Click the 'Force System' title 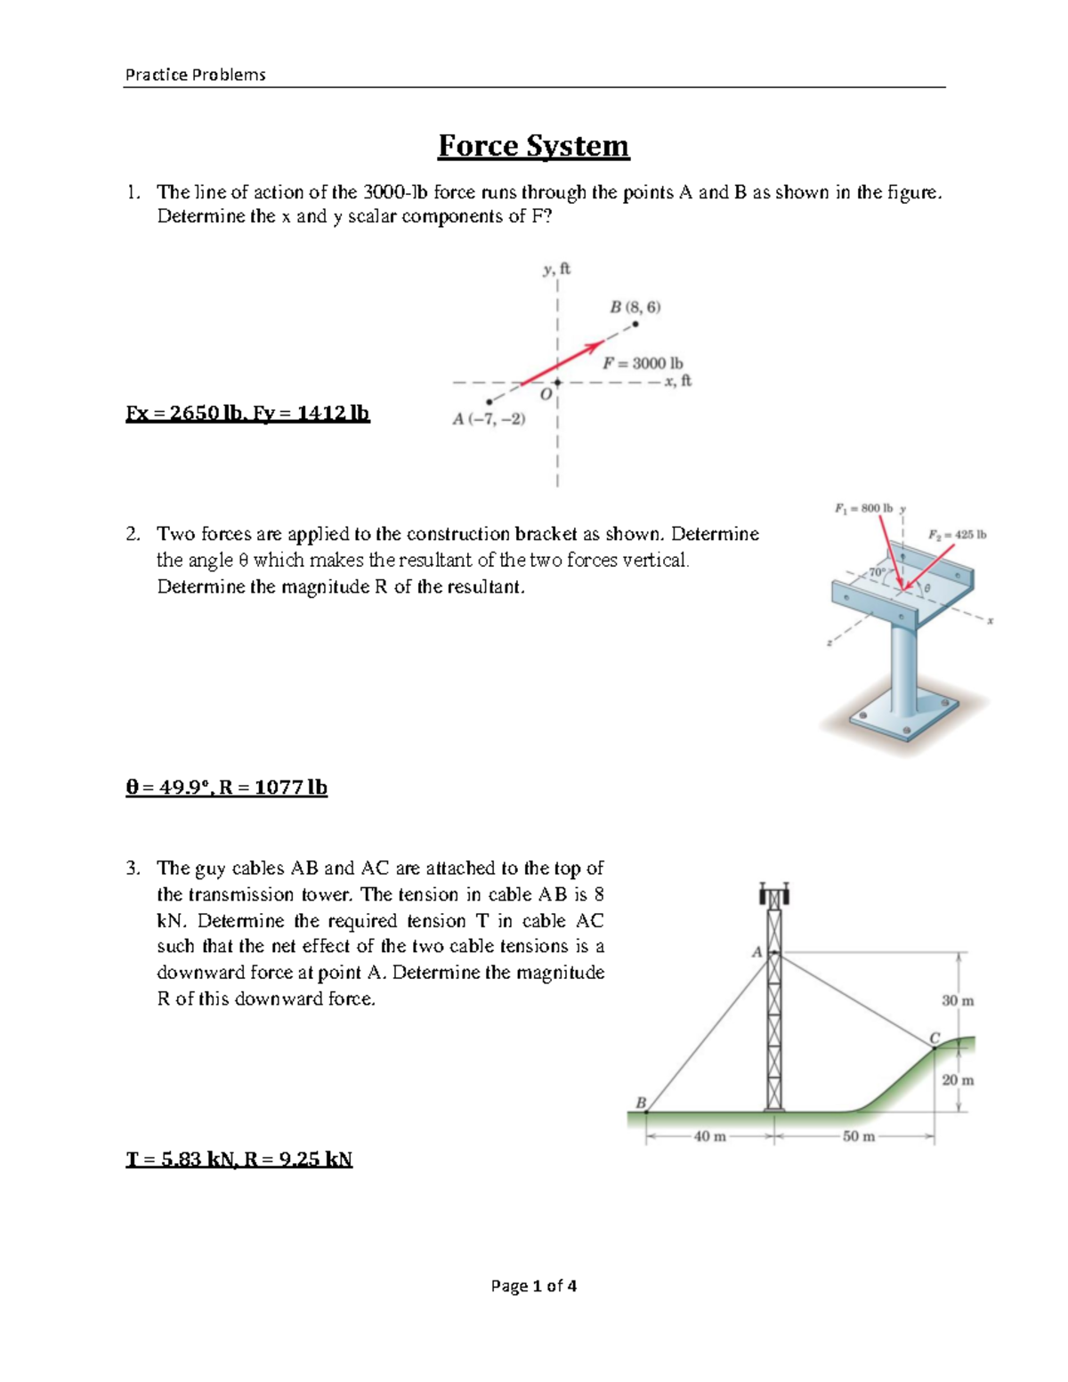click(x=533, y=146)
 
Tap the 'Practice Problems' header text click(x=195, y=75)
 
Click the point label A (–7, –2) click(x=489, y=419)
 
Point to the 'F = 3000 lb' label click(x=643, y=363)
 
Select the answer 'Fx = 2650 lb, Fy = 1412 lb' click(x=247, y=413)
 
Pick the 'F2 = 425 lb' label click(x=957, y=535)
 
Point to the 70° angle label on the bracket click(x=877, y=571)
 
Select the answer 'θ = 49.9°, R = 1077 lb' click(x=226, y=788)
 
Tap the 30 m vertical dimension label click(x=958, y=1000)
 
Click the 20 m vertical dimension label click(x=958, y=1079)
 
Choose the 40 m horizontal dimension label click(x=709, y=1136)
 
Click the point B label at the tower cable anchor click(x=640, y=1102)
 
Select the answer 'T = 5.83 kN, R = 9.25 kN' click(x=239, y=1159)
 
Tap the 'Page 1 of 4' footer click(x=533, y=1285)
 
